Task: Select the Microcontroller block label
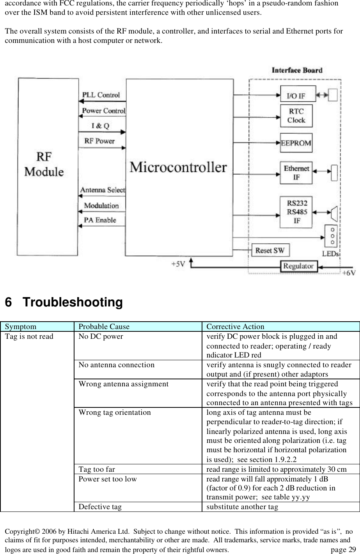[178, 167]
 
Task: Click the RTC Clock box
[296, 115]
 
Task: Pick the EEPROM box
[296, 143]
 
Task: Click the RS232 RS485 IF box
[296, 212]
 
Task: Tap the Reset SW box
[270, 250]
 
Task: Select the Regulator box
[299, 266]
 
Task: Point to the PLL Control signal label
[101, 95]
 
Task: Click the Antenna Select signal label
[103, 190]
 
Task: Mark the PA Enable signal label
[100, 220]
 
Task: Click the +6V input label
[348, 273]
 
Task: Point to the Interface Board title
[297, 71]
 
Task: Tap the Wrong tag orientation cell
[115, 412]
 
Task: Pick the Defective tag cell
[100, 507]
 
